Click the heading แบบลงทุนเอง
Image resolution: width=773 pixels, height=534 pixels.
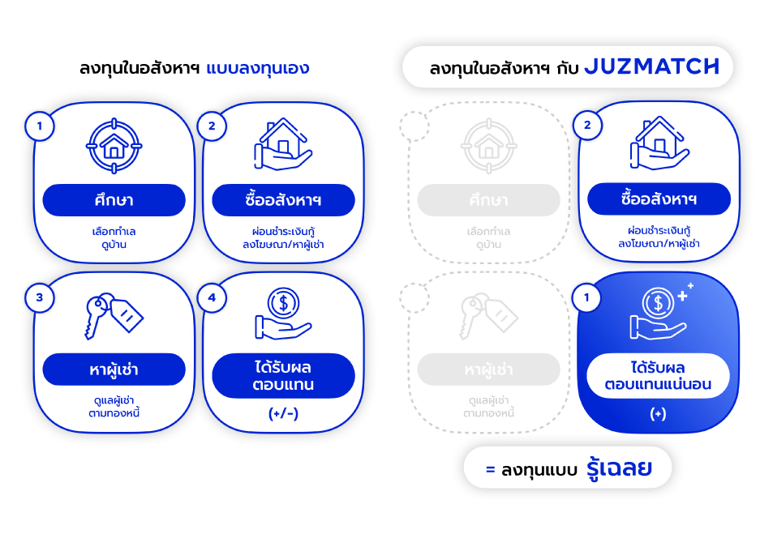[x=258, y=68]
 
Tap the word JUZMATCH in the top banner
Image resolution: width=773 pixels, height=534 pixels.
[x=652, y=67]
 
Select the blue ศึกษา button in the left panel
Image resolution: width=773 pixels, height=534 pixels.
[x=114, y=200]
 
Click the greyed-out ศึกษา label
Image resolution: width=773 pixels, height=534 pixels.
[x=488, y=200]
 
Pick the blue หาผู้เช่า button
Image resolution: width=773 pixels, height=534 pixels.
[x=114, y=370]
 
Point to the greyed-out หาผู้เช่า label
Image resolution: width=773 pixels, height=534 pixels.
[x=488, y=370]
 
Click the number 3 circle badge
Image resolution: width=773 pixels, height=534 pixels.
[x=39, y=297]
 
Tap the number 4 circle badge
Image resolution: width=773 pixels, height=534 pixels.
[x=213, y=297]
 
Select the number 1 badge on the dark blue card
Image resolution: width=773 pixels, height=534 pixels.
[x=587, y=297]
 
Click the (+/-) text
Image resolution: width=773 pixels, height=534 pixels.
[x=283, y=413]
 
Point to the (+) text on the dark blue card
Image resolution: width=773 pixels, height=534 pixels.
[x=658, y=413]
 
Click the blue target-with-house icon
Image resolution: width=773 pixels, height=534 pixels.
[x=114, y=146]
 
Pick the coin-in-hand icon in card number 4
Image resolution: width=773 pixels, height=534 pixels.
[x=283, y=314]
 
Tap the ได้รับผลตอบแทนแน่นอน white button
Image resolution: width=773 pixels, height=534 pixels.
[x=658, y=376]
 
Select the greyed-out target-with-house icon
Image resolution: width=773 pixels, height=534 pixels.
[x=488, y=146]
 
